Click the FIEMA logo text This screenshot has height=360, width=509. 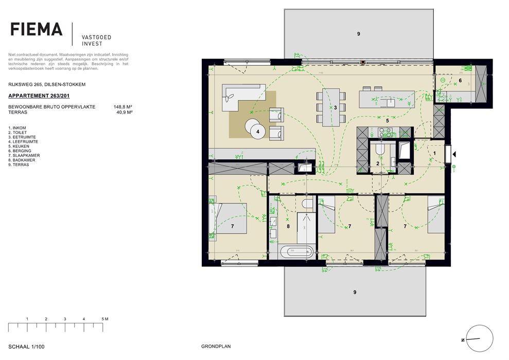click(x=37, y=29)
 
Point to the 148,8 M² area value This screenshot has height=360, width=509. click(x=123, y=106)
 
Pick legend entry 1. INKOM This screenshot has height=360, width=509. click(x=19, y=128)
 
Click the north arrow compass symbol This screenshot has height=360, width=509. click(x=478, y=339)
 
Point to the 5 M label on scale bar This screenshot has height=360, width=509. click(x=105, y=319)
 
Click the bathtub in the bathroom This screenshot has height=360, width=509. click(x=297, y=253)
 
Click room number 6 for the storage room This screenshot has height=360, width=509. click(x=460, y=81)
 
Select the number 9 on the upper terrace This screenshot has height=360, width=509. click(x=359, y=34)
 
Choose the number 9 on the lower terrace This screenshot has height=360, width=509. click(x=355, y=292)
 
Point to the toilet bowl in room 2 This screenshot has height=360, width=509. click(x=380, y=149)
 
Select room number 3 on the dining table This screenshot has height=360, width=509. click(x=335, y=107)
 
